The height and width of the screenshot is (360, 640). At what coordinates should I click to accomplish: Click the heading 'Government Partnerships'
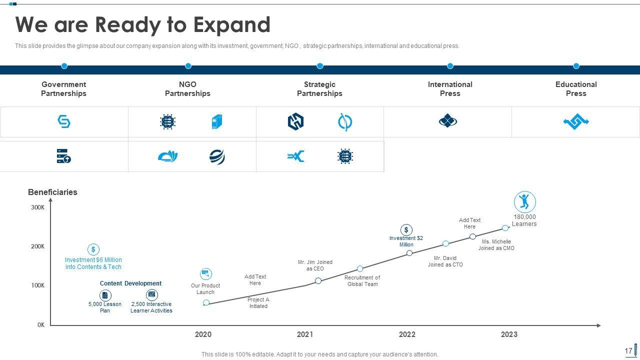click(63, 89)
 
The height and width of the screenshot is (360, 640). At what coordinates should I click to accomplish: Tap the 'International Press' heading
click(450, 89)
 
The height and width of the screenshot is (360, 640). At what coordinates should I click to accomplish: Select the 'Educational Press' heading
click(576, 89)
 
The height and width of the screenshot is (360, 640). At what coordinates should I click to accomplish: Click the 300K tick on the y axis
click(38, 207)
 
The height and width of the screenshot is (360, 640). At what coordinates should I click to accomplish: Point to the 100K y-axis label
click(38, 285)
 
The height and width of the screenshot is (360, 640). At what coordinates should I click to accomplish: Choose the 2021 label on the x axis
click(305, 334)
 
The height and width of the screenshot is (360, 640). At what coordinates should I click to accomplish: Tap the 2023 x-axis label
click(509, 334)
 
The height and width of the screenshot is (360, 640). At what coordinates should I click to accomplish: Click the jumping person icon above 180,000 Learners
click(524, 202)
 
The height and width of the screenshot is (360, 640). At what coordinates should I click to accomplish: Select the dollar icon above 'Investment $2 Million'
click(406, 230)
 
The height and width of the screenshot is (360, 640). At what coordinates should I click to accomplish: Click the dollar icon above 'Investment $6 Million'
click(93, 249)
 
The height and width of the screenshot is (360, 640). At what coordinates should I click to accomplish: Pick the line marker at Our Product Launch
click(206, 303)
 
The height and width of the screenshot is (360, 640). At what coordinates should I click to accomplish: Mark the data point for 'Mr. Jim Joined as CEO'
click(318, 281)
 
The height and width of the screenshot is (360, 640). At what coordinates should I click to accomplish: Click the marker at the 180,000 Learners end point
click(505, 228)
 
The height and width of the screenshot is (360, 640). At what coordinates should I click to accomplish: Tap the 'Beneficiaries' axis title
click(52, 192)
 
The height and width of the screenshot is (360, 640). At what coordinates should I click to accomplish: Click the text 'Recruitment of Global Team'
click(362, 281)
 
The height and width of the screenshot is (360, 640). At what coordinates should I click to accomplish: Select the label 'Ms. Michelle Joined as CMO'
click(496, 245)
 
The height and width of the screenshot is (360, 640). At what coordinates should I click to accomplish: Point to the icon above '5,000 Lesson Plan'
click(105, 295)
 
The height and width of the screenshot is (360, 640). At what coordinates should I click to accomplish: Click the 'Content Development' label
click(130, 283)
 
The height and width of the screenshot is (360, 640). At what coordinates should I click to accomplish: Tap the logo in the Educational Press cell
click(576, 121)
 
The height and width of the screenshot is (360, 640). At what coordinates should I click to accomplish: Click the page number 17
click(628, 351)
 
